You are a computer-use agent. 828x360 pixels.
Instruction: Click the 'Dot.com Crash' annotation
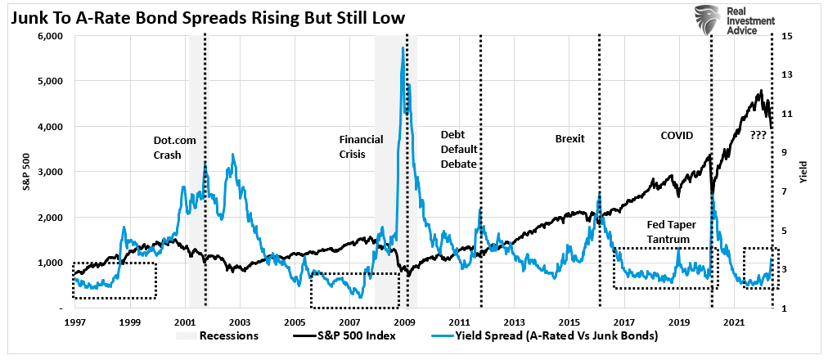[174, 147]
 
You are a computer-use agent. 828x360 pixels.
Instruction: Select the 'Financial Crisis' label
[361, 146]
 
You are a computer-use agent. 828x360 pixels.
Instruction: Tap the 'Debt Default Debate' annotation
[458, 148]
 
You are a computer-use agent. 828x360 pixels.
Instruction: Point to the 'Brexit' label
[569, 138]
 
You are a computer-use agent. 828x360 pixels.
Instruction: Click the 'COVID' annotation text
[677, 135]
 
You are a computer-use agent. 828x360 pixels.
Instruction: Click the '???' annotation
[758, 135]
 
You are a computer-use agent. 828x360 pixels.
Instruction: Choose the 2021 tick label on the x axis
[735, 322]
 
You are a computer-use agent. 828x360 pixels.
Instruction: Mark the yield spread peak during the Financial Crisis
[403, 48]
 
